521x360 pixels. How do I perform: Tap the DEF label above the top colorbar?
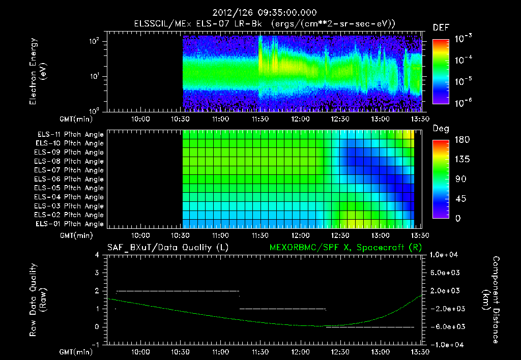(441, 28)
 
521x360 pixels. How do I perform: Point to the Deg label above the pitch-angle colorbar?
(441, 129)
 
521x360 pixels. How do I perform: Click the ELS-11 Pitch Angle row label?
(70, 135)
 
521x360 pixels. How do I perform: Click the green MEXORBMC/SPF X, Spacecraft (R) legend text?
(344, 248)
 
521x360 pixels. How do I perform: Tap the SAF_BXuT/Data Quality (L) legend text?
(167, 248)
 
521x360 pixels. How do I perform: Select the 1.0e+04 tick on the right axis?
(445, 255)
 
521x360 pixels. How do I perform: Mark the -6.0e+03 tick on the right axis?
(445, 326)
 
